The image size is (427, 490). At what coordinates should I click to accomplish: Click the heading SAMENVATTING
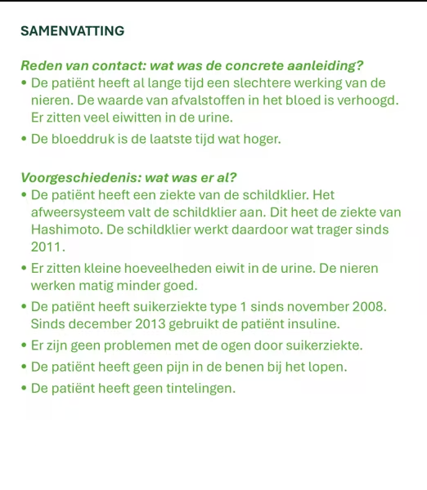pyautogui.click(x=72, y=32)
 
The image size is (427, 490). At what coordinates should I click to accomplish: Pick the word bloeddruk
pyautogui.click(x=84, y=139)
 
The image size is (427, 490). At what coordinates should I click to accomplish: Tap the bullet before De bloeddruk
pyautogui.click(x=25, y=139)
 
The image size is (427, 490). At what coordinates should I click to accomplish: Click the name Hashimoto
pyautogui.click(x=66, y=229)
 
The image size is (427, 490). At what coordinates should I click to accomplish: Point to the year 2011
pyautogui.click(x=47, y=247)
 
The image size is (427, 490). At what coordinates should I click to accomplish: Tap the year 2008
pyautogui.click(x=369, y=307)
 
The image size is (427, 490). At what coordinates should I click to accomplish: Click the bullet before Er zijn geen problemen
pyautogui.click(x=25, y=346)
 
